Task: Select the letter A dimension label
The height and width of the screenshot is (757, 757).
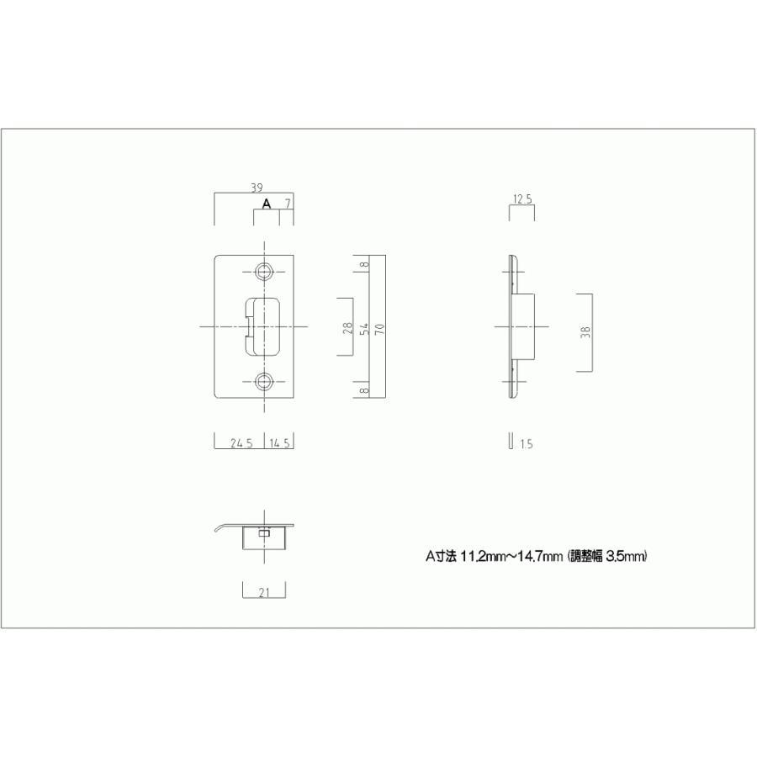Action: pyautogui.click(x=267, y=204)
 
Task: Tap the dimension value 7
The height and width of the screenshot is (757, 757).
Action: pyautogui.click(x=288, y=204)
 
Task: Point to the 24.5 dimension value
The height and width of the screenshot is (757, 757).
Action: pyautogui.click(x=241, y=444)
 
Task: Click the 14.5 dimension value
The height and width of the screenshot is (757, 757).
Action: pyautogui.click(x=280, y=444)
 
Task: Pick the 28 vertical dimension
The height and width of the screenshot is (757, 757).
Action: pyautogui.click(x=347, y=327)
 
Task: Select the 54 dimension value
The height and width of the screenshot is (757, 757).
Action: pyautogui.click(x=364, y=327)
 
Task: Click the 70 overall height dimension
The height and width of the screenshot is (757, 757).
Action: pyautogui.click(x=379, y=327)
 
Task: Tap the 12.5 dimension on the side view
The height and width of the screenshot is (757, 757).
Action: pyautogui.click(x=521, y=200)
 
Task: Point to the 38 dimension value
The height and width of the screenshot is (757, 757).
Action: pyautogui.click(x=585, y=331)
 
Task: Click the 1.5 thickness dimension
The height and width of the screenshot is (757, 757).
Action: pyautogui.click(x=527, y=444)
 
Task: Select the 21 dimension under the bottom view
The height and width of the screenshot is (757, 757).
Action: pyautogui.click(x=263, y=592)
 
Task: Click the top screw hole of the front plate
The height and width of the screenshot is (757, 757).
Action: pyautogui.click(x=265, y=271)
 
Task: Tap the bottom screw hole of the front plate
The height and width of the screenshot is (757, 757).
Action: pyautogui.click(x=265, y=383)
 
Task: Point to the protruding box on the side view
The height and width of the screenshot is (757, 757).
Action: pyautogui.click(x=523, y=326)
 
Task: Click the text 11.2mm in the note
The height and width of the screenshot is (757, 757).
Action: pyautogui.click(x=479, y=556)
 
